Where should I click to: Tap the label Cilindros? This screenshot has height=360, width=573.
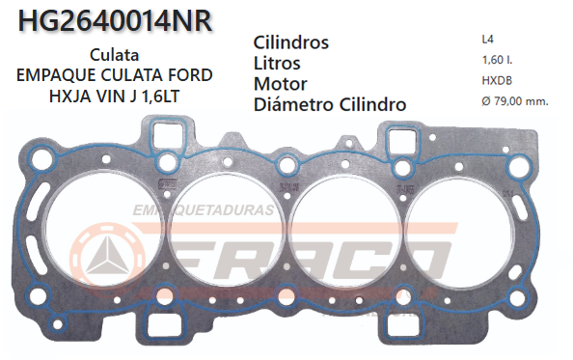[291, 43]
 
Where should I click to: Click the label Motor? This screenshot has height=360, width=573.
[281, 84]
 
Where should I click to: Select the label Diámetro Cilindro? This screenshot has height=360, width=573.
[329, 104]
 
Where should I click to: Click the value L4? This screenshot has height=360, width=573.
[488, 40]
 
